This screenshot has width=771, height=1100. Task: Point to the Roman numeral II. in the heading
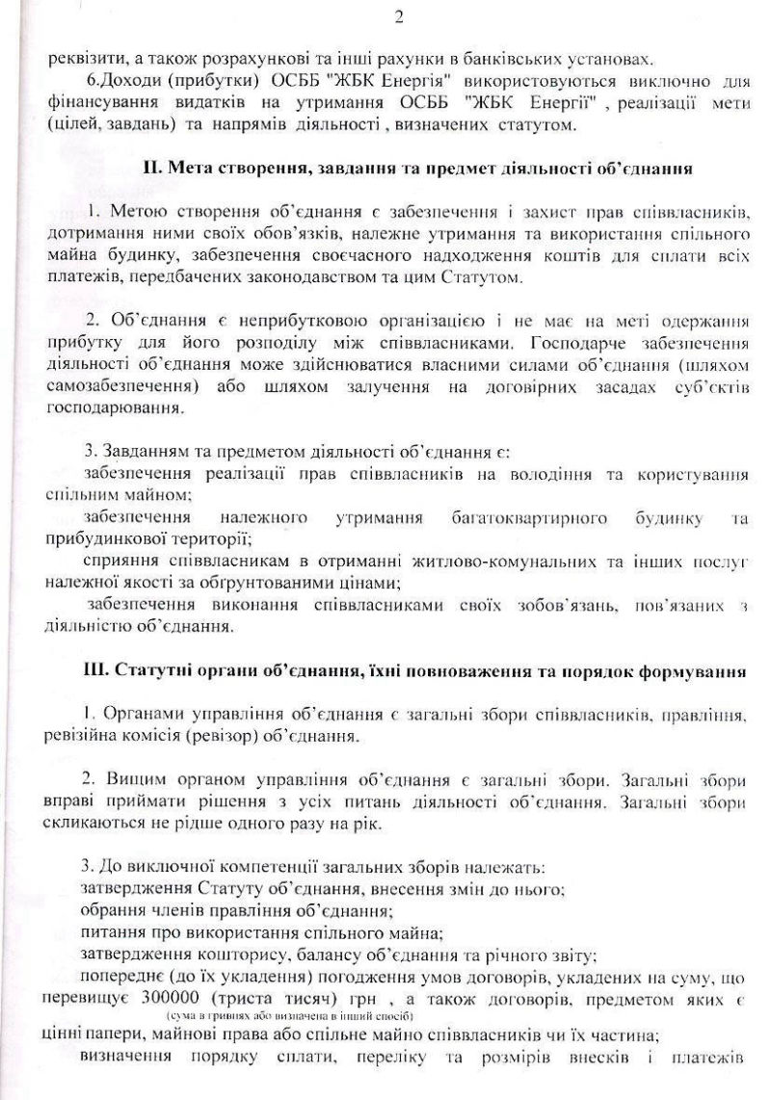click(x=153, y=168)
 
